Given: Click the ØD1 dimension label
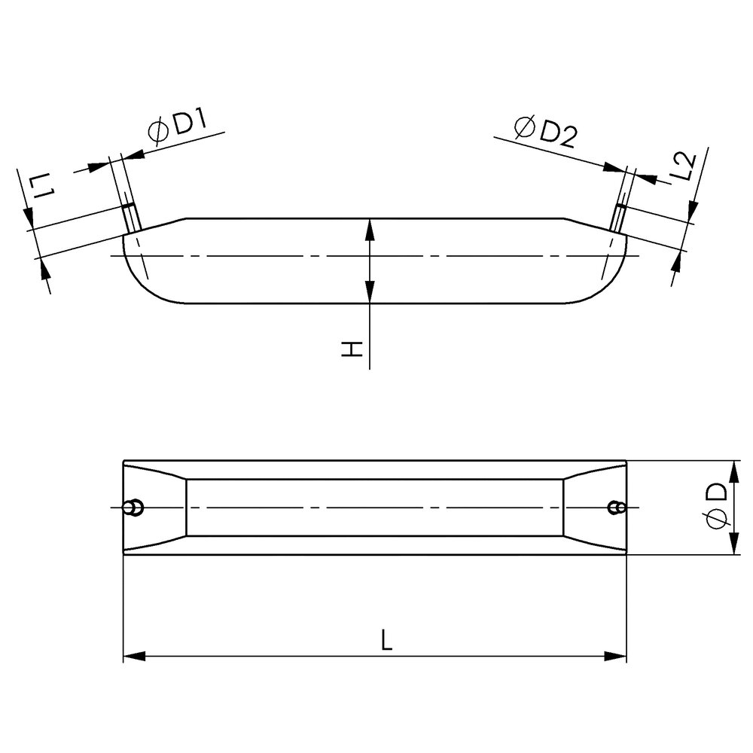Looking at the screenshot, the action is click(x=177, y=127).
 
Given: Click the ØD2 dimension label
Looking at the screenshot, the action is click(x=545, y=131).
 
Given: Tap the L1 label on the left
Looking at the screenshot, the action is click(x=42, y=187).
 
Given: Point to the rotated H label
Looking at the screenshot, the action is click(x=352, y=349).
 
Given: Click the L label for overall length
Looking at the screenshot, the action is click(x=386, y=640).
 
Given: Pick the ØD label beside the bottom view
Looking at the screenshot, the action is click(x=716, y=506).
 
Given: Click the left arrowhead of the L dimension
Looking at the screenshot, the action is click(x=135, y=656).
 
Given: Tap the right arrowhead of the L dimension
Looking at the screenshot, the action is click(x=615, y=656).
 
